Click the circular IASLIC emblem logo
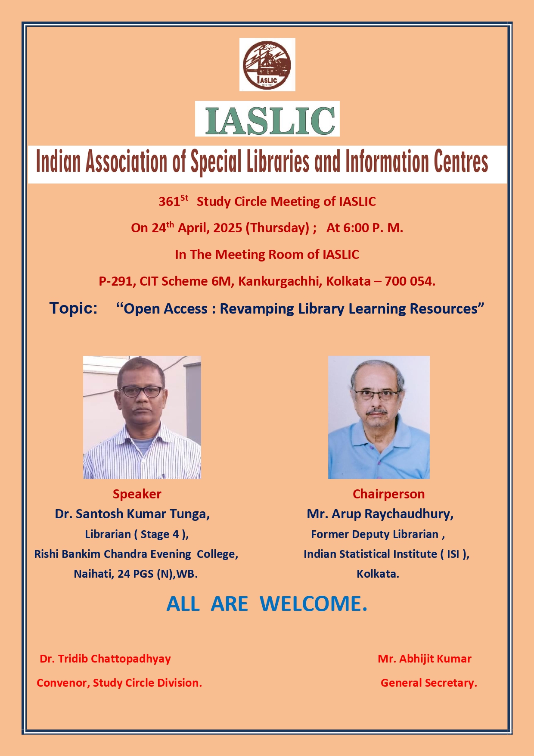(x=267, y=65)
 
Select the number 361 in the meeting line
(x=169, y=202)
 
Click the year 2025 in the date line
(x=228, y=228)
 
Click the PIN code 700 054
(x=410, y=281)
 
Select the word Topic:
(x=74, y=308)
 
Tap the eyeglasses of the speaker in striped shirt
(x=141, y=391)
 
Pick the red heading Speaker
(x=137, y=494)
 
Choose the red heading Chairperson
(x=388, y=494)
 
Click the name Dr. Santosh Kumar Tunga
(x=132, y=514)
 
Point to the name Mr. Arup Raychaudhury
(x=380, y=514)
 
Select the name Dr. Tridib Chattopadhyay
(x=105, y=659)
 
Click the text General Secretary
(x=429, y=683)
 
